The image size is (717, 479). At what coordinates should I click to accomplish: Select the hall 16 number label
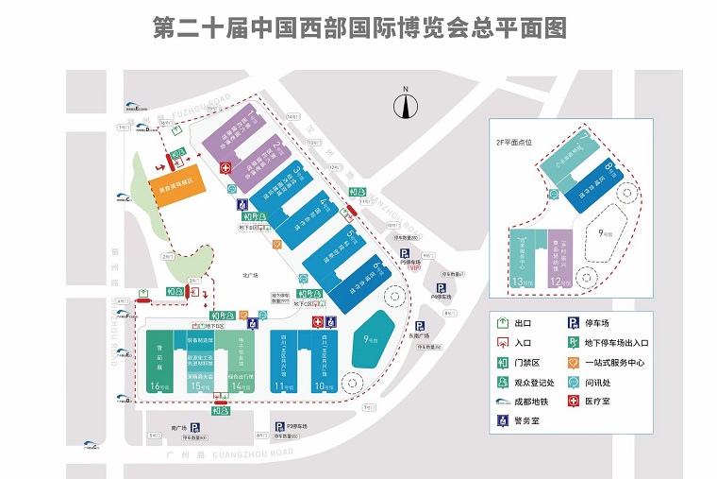pyautogui.click(x=158, y=385)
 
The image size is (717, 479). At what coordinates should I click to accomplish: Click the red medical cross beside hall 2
pyautogui.click(x=225, y=168)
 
